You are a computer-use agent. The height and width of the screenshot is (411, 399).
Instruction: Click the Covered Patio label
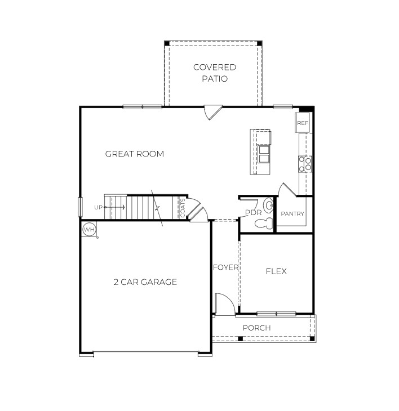point(215,73)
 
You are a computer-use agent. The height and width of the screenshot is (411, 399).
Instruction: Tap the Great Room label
point(135,154)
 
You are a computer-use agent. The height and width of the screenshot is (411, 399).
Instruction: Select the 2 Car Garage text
point(145,282)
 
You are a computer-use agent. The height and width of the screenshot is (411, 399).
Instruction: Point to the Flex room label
point(276,271)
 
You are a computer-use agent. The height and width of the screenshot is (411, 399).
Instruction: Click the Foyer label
point(225,267)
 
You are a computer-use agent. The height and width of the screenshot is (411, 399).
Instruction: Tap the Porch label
point(256,328)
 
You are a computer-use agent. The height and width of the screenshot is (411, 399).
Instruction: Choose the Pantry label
point(292,214)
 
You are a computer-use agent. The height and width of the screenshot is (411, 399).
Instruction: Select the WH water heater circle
point(89,230)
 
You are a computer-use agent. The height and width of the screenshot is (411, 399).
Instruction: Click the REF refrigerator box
point(303,123)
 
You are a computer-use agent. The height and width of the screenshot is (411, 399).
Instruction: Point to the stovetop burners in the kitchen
point(305,164)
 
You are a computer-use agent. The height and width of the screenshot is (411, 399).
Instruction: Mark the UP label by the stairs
point(99,207)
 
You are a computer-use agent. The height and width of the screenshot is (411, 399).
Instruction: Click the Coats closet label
point(183,208)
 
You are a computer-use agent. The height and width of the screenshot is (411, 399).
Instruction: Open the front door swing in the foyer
point(224,304)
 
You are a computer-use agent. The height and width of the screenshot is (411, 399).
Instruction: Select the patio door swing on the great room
point(212,112)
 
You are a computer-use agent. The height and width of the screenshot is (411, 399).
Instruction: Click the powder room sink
point(268,203)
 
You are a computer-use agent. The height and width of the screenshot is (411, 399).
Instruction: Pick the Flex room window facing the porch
point(276,314)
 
